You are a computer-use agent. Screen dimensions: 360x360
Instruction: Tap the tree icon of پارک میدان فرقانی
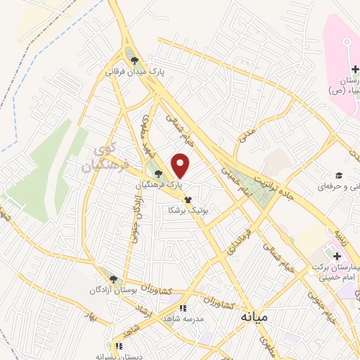(134, 60)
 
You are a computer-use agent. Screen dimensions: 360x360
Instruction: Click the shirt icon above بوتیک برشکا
(188, 200)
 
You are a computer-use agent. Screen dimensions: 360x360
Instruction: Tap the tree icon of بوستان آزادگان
(107, 278)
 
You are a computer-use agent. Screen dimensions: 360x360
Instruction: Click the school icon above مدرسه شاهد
(183, 308)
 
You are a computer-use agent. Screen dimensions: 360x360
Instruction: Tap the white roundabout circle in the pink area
(347, 44)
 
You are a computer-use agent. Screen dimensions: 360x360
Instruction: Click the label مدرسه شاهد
(184, 319)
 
